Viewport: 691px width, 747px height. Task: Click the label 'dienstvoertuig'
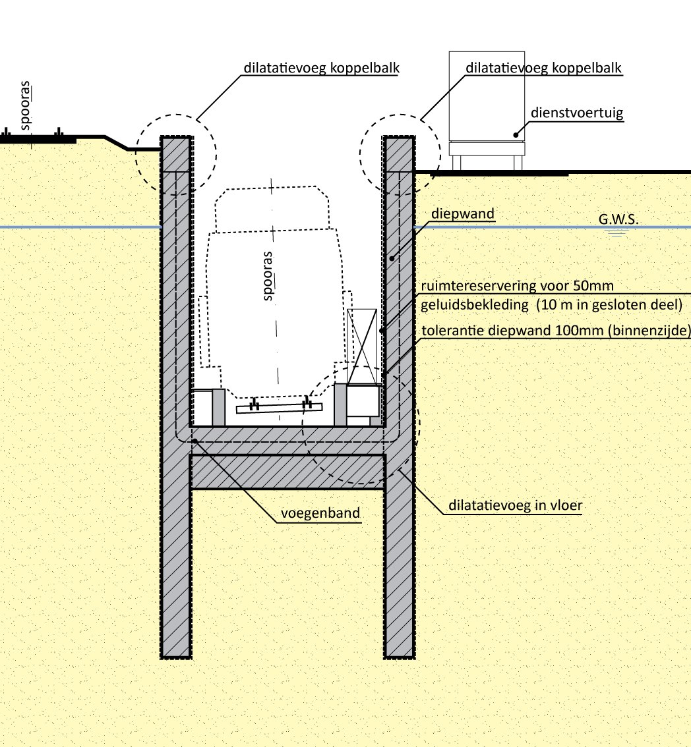577,113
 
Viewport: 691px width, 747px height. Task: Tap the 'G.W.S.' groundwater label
618,218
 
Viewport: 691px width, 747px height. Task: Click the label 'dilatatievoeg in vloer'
510,506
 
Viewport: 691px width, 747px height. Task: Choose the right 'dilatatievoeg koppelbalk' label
543,67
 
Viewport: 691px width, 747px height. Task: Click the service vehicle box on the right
487,96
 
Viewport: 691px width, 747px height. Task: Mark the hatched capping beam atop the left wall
176,154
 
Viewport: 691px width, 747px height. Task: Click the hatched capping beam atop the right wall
399,154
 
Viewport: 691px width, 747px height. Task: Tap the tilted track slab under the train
279,408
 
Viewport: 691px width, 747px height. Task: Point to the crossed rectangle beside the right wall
362,346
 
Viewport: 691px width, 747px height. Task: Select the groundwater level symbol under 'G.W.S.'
618,233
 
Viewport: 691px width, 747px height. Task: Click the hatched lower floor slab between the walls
287,472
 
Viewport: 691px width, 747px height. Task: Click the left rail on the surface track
5,136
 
